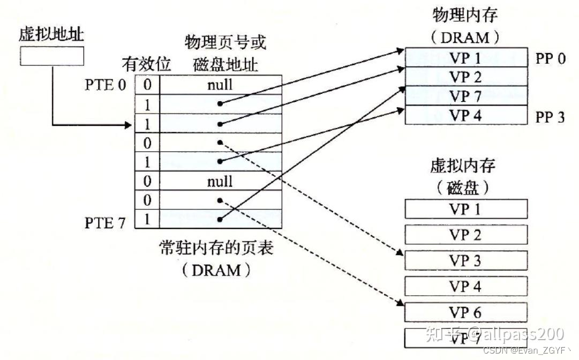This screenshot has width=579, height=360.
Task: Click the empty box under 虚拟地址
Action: point(52,56)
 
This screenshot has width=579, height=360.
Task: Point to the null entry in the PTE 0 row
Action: point(220,84)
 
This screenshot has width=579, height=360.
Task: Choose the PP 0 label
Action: point(550,58)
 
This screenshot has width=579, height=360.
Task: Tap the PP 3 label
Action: point(550,116)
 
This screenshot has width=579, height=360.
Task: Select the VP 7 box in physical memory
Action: point(465,96)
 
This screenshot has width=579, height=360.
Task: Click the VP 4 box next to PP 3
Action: point(465,115)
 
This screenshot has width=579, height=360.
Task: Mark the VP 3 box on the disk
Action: point(465,261)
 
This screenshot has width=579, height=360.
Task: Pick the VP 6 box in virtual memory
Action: point(465,312)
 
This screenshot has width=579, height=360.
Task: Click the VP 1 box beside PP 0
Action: point(465,58)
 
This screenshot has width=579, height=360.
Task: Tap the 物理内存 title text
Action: point(464,15)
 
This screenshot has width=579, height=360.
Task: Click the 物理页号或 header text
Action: point(225,42)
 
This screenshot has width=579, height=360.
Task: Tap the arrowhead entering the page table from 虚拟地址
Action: point(129,125)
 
